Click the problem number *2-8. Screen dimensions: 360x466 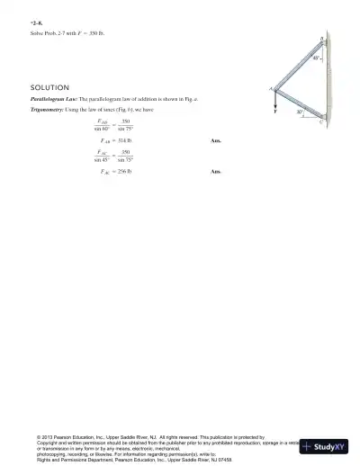pos(35,20)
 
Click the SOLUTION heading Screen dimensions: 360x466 pos(50,87)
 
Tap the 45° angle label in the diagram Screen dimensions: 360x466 pos(316,58)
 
